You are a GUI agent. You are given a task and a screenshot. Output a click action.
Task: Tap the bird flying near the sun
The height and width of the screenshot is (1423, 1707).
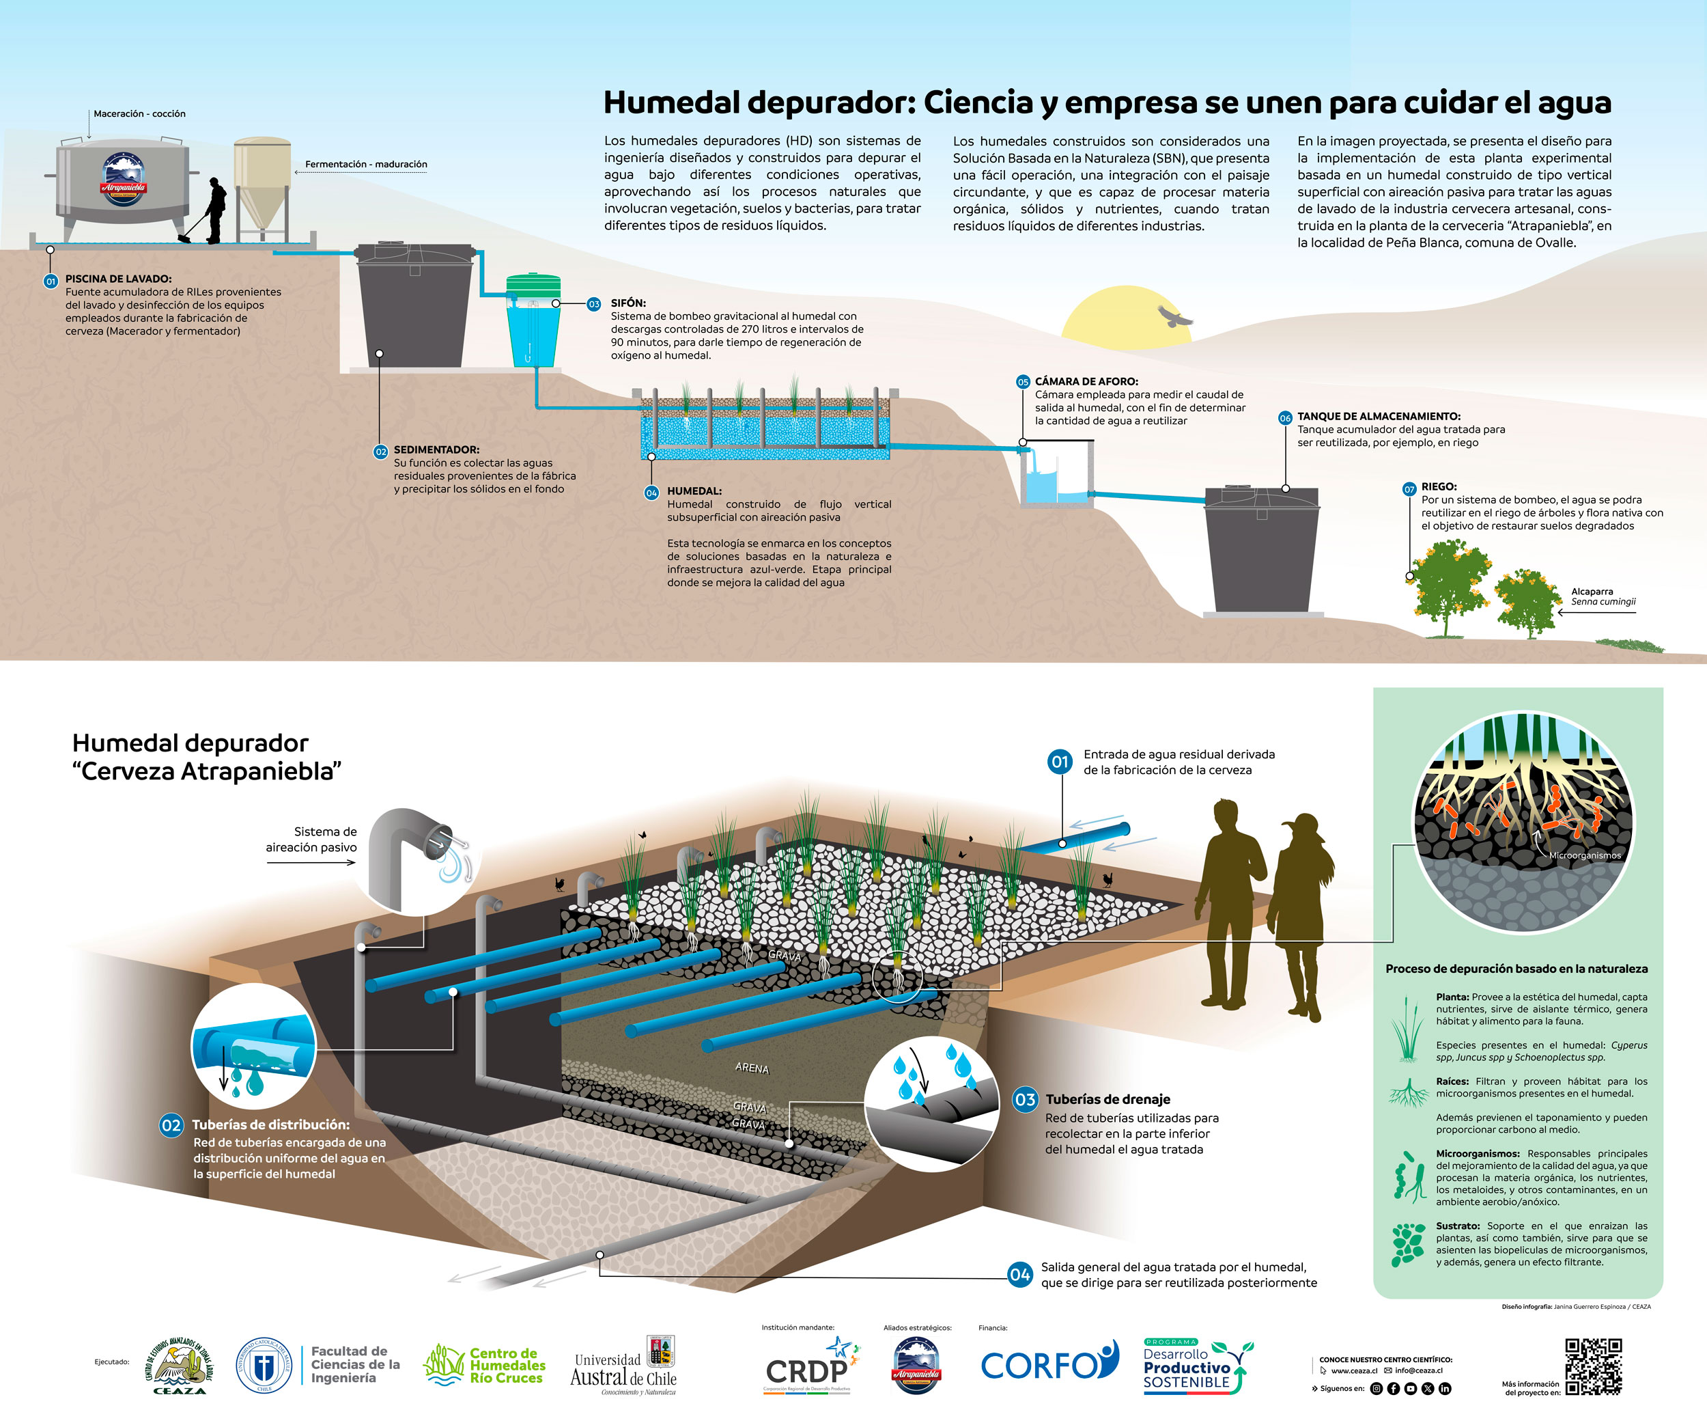pyautogui.click(x=1174, y=316)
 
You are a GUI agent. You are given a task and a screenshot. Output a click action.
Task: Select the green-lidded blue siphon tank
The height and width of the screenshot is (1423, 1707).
pyautogui.click(x=533, y=321)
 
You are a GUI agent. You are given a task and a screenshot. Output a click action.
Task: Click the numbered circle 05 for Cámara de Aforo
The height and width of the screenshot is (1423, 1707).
pyautogui.click(x=1023, y=381)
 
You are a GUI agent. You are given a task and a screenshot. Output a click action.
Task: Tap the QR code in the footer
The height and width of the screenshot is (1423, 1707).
pyautogui.click(x=1593, y=1366)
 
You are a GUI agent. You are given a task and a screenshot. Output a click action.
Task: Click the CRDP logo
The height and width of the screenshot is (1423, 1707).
pyautogui.click(x=809, y=1367)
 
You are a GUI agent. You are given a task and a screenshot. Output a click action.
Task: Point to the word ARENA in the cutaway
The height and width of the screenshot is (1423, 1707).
pyautogui.click(x=752, y=1068)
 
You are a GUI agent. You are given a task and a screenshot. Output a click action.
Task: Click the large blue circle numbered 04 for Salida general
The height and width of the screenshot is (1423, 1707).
pyautogui.click(x=1020, y=1274)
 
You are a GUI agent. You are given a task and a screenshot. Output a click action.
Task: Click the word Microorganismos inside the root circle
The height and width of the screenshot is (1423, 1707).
pyautogui.click(x=1584, y=855)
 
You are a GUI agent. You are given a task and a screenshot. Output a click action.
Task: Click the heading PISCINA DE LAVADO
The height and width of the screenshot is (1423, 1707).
pyautogui.click(x=119, y=279)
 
